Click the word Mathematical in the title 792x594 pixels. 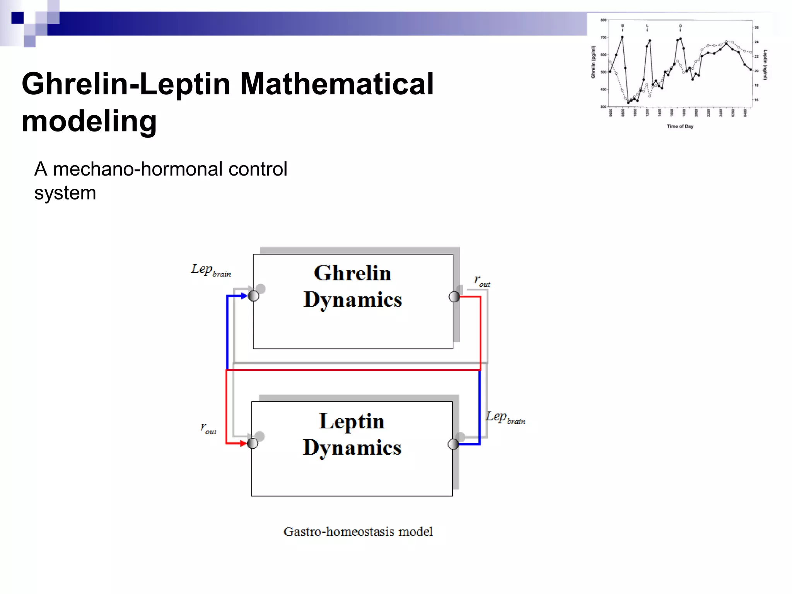(x=336, y=84)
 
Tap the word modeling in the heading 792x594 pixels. (x=89, y=121)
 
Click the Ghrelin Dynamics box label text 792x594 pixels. (x=352, y=286)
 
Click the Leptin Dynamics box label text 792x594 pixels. (x=352, y=434)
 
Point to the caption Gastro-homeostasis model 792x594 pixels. (x=358, y=532)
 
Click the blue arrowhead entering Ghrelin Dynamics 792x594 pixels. (x=244, y=296)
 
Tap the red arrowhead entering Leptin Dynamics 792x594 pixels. (x=243, y=443)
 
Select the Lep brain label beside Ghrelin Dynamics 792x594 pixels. (x=211, y=270)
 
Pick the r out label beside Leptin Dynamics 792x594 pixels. (x=208, y=428)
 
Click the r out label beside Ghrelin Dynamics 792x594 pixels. (x=482, y=281)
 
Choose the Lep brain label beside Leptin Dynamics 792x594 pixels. (x=505, y=418)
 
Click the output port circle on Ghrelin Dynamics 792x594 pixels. (x=454, y=297)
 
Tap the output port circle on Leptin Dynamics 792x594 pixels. (x=453, y=444)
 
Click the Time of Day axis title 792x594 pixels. (x=680, y=126)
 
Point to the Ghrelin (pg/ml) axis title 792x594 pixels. (x=593, y=62)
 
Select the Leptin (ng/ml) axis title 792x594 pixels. (x=765, y=65)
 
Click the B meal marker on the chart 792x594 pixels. (x=623, y=26)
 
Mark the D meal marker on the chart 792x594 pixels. (x=681, y=26)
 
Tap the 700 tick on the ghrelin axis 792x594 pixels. (x=603, y=38)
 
